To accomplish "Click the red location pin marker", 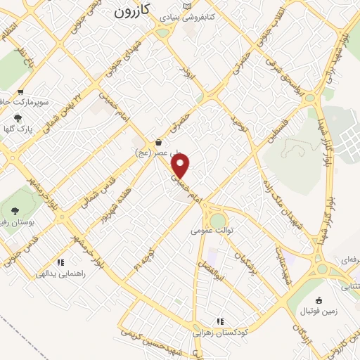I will pyautogui.click(x=181, y=166).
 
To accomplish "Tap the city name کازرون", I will pyautogui.click(x=133, y=12).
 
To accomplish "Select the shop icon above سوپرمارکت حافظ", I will pyautogui.click(x=20, y=92).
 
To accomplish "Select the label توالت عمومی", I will pyautogui.click(x=211, y=230).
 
